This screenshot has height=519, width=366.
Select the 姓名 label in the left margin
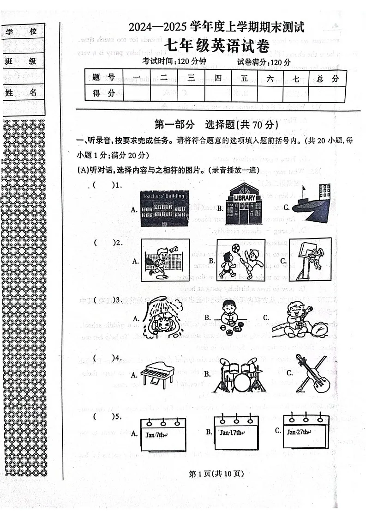(21, 92)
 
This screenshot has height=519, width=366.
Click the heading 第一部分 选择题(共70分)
(216, 124)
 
